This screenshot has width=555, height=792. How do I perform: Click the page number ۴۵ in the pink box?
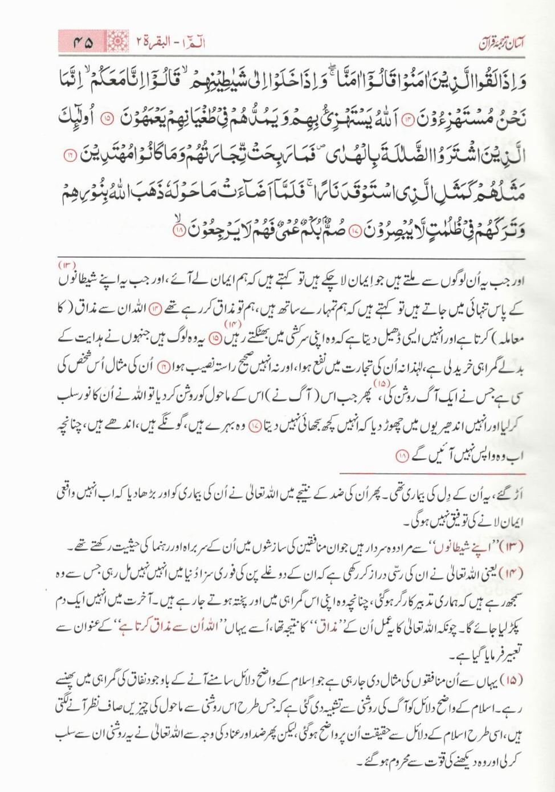pyautogui.click(x=83, y=42)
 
